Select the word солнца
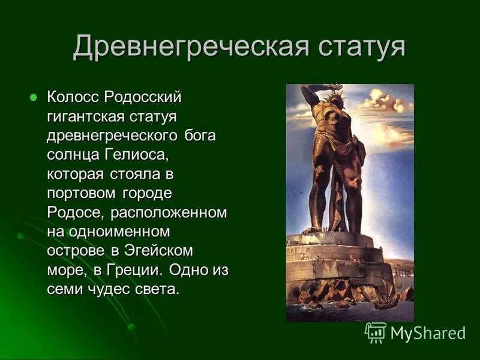(x=70, y=155)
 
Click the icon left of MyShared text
(x=376, y=332)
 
